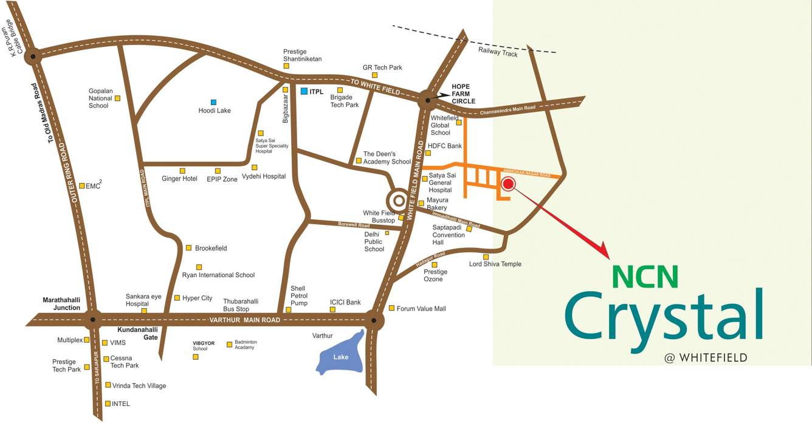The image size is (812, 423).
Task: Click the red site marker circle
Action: coord(508,184)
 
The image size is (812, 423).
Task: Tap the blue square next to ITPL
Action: coord(304,91)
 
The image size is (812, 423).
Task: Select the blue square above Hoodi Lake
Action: coord(213,102)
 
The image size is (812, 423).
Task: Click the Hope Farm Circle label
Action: coord(463,94)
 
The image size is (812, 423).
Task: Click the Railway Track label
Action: coord(498,52)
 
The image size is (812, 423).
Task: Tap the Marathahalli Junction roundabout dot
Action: coord(92,318)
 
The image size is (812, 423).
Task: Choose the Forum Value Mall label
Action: coord(421,309)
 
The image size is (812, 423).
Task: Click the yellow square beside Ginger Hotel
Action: coord(182,171)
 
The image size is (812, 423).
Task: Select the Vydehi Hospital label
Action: coord(264,176)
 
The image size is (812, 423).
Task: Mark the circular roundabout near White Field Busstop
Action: coord(399,200)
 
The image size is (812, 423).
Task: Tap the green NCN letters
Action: coord(645,276)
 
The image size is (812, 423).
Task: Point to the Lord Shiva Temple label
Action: coord(495,264)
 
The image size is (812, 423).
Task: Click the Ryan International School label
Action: coord(218,275)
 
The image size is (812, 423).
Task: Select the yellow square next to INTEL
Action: coord(108,403)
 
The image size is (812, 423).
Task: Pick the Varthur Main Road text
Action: coord(245,320)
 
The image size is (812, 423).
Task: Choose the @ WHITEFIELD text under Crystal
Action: coord(706,358)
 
